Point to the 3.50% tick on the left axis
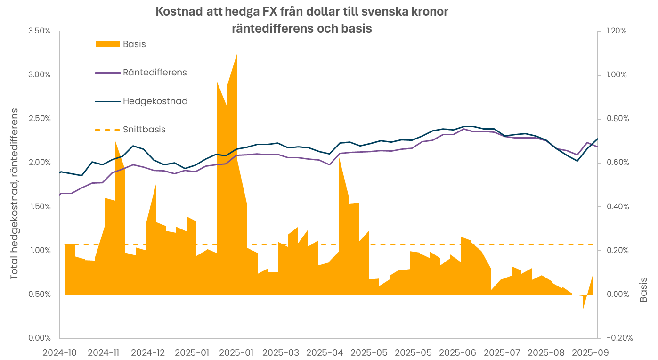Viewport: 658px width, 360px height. [x=40, y=31]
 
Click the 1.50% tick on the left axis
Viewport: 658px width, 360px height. [x=40, y=206]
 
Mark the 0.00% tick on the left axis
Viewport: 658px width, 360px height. [x=40, y=338]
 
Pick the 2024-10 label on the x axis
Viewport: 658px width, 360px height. [x=59, y=352]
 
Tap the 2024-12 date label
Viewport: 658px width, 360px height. [x=148, y=352]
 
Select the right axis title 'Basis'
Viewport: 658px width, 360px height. [x=643, y=289]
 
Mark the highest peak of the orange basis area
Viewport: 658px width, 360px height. [x=236, y=53]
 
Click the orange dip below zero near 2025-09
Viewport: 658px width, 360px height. [x=583, y=309]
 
